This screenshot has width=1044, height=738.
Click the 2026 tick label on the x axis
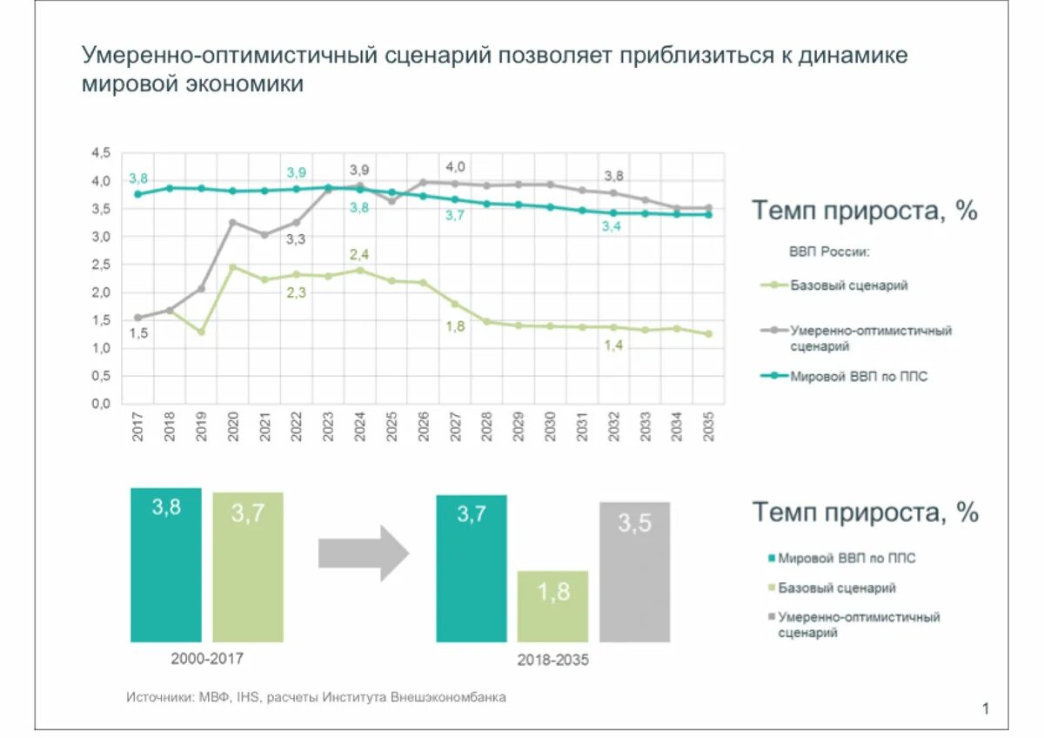tap(423, 426)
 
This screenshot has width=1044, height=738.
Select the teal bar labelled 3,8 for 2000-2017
tap(165, 565)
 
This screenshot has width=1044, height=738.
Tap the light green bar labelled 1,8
tap(552, 607)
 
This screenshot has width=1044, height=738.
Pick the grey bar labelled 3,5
tap(634, 572)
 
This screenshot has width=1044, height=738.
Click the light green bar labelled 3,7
tap(247, 567)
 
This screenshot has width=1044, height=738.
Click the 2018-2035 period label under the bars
tap(552, 661)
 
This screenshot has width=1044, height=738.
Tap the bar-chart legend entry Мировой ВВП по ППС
tap(846, 558)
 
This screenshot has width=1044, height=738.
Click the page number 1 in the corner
tap(986, 708)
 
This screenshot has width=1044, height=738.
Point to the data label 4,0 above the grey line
tap(455, 166)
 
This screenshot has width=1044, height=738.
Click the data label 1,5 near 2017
tap(138, 333)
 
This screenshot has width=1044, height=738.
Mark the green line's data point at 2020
tap(232, 267)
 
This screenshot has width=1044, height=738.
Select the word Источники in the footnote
tap(159, 697)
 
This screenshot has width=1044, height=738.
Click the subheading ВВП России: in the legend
tap(830, 252)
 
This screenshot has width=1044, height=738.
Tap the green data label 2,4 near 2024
tap(360, 254)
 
